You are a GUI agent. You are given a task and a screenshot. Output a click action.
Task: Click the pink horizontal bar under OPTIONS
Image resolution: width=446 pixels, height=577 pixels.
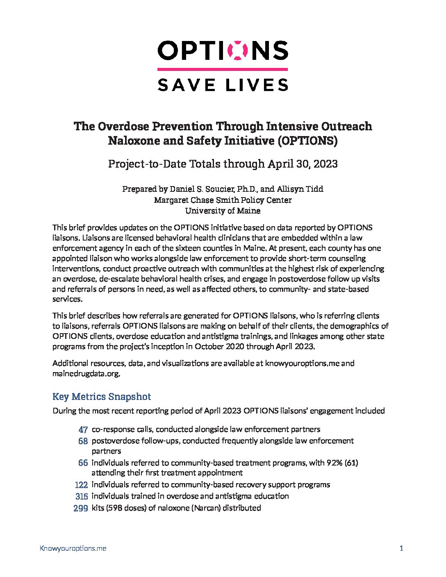[223, 69]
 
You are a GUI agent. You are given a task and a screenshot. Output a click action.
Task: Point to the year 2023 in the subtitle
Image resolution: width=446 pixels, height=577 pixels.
[324, 164]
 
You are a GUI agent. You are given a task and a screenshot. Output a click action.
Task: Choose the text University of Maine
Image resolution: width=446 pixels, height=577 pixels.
[223, 211]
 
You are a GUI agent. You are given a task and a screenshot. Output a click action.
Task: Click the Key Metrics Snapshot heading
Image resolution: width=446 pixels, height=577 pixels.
[102, 396]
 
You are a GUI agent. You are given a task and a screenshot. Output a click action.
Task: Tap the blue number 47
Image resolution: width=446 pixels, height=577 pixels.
[83, 429]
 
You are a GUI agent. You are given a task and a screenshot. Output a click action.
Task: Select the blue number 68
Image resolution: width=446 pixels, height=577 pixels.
[83, 441]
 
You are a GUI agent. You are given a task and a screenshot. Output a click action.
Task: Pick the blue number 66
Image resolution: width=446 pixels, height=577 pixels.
[83, 463]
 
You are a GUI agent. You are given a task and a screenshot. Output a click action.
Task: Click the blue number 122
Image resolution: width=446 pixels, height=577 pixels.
[81, 485]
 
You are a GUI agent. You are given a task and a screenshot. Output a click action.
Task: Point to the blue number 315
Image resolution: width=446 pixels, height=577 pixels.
[81, 496]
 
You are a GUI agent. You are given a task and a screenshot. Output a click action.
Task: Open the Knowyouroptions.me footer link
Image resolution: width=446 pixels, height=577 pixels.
[73, 548]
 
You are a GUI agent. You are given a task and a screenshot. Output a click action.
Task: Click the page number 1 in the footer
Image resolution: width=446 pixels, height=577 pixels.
[401, 548]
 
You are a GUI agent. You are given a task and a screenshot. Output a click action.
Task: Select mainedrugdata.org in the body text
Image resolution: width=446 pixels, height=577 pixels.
[86, 373]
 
